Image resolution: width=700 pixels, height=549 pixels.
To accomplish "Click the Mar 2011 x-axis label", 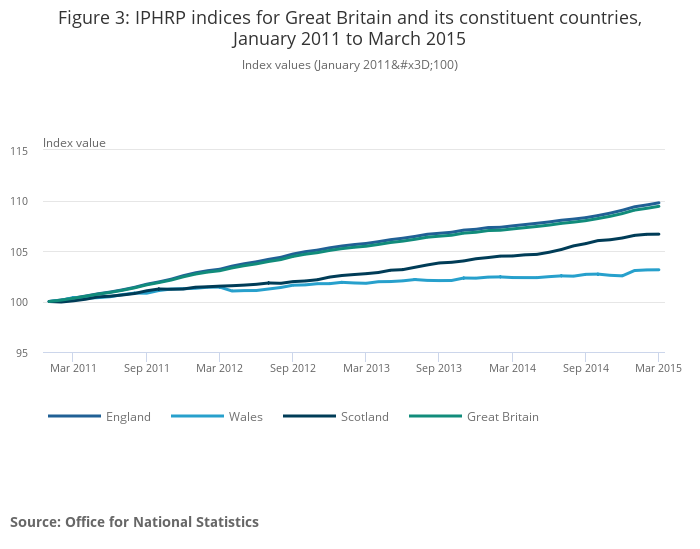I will pyautogui.click(x=73, y=369).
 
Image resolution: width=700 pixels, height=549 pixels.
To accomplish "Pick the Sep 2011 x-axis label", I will pyautogui.click(x=146, y=369).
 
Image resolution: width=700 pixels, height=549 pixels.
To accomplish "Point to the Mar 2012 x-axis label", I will pyautogui.click(x=219, y=369).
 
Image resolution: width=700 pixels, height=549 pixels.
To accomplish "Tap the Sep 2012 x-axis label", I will pyautogui.click(x=292, y=369).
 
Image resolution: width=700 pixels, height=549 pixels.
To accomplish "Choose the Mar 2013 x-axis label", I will pyautogui.click(x=366, y=369).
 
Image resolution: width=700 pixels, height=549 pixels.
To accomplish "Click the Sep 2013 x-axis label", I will pyautogui.click(x=439, y=369).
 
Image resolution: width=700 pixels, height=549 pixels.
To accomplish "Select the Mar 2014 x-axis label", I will pyautogui.click(x=512, y=369).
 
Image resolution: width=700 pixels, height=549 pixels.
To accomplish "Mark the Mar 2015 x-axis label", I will pyautogui.click(x=658, y=369).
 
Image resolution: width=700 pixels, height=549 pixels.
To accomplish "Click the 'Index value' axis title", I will pyautogui.click(x=74, y=143).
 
